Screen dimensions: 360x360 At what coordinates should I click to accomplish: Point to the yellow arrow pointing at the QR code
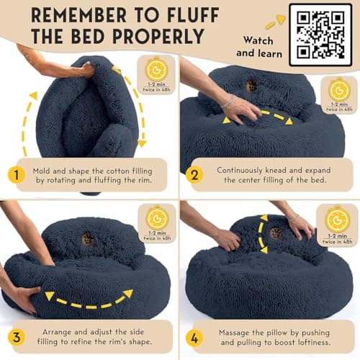coord(272,22)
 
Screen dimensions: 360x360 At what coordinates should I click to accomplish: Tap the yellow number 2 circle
coord(192,175)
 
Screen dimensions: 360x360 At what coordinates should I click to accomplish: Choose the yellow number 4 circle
coord(192,338)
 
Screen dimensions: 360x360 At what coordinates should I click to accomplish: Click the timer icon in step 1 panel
coord(156,69)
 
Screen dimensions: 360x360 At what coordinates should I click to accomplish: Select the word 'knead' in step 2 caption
coord(271,171)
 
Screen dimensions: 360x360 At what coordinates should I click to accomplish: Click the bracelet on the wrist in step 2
coord(228,102)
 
